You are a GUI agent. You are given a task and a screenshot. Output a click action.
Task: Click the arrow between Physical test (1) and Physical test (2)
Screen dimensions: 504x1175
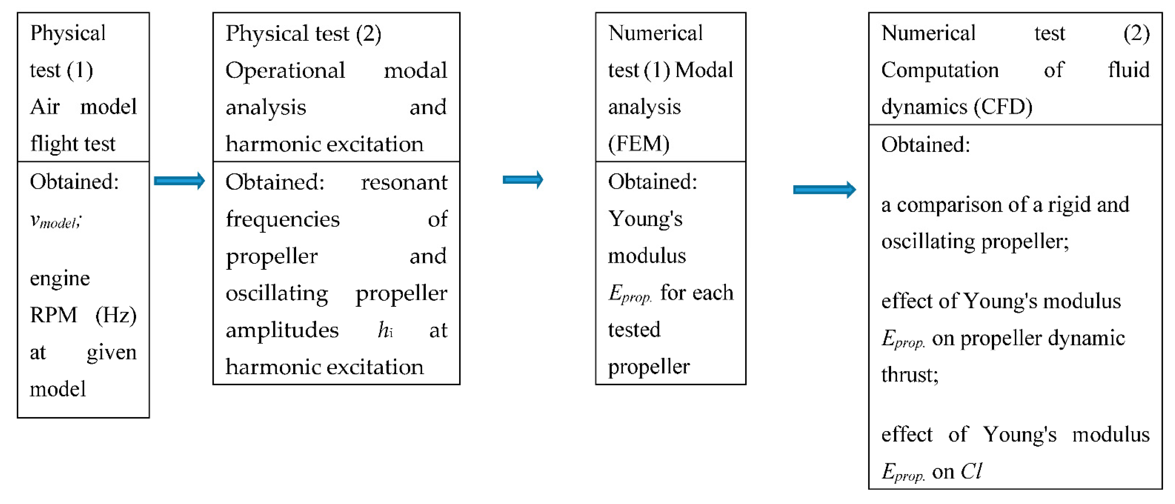click(179, 181)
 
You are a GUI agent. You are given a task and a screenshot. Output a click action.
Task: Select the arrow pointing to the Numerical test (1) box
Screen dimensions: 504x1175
click(523, 180)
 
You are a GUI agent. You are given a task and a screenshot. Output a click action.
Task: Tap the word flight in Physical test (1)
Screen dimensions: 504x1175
click(51, 144)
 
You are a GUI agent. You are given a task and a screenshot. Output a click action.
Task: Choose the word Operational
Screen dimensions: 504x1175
click(285, 71)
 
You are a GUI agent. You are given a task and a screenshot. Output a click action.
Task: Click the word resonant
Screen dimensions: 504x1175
click(404, 182)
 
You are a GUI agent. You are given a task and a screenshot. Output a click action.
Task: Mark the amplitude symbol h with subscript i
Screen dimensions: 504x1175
click(385, 330)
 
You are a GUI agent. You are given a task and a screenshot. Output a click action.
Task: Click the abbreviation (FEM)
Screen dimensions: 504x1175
click(639, 144)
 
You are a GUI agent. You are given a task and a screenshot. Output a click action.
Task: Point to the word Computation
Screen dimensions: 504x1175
click(940, 70)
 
